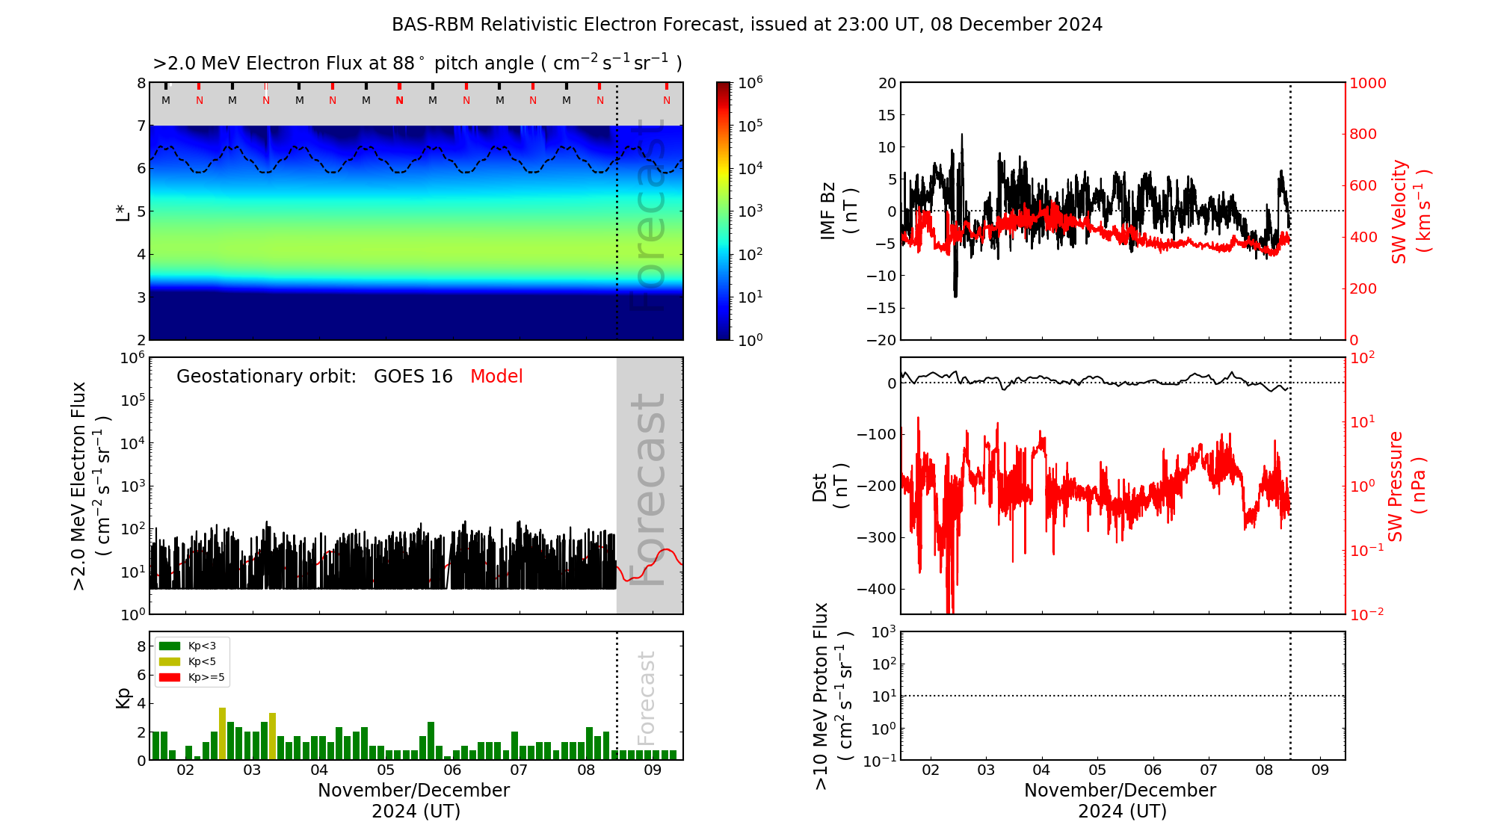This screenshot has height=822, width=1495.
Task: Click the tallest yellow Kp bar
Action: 222,733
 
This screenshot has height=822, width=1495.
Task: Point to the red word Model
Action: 496,377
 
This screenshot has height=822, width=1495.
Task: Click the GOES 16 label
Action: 413,377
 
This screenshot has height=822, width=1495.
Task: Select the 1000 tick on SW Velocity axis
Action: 1367,83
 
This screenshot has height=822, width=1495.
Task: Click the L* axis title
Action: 123,211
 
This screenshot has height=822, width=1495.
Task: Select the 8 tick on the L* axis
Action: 141,83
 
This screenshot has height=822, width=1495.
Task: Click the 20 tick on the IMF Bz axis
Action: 887,83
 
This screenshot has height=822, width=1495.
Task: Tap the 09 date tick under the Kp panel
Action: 653,770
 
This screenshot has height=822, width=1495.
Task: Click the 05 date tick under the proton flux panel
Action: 1097,770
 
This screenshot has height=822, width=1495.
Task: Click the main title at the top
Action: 747,25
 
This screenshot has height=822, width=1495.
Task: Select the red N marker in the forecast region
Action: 667,100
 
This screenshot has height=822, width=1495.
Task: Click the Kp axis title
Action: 123,697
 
